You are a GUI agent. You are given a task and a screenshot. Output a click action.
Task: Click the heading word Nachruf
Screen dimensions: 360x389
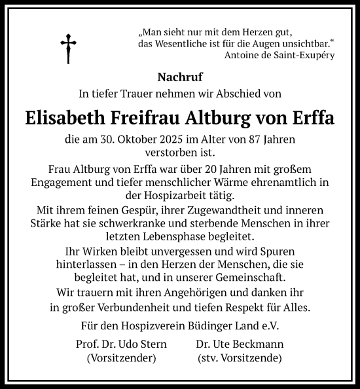[180, 77]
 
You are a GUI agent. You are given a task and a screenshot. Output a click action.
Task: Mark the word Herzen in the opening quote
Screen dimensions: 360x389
[245, 31]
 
